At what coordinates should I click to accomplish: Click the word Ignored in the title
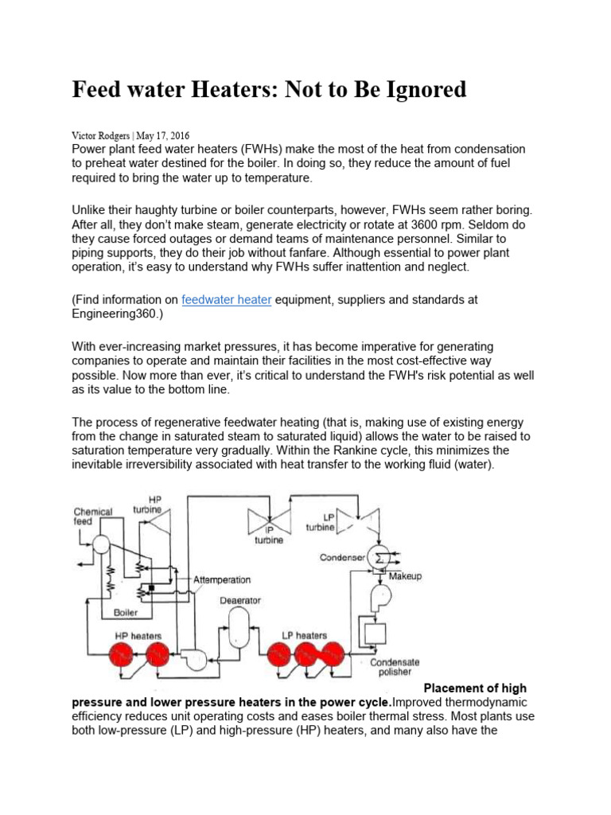(422, 90)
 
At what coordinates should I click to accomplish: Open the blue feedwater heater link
(227, 300)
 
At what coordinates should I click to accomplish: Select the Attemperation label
(222, 580)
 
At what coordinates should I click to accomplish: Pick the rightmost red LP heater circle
(332, 655)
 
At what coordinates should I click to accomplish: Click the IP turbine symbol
(267, 521)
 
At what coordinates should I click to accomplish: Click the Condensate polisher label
(395, 668)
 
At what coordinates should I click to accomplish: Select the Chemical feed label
(93, 517)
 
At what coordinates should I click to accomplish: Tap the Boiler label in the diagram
(125, 613)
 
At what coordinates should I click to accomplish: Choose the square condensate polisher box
(373, 634)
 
